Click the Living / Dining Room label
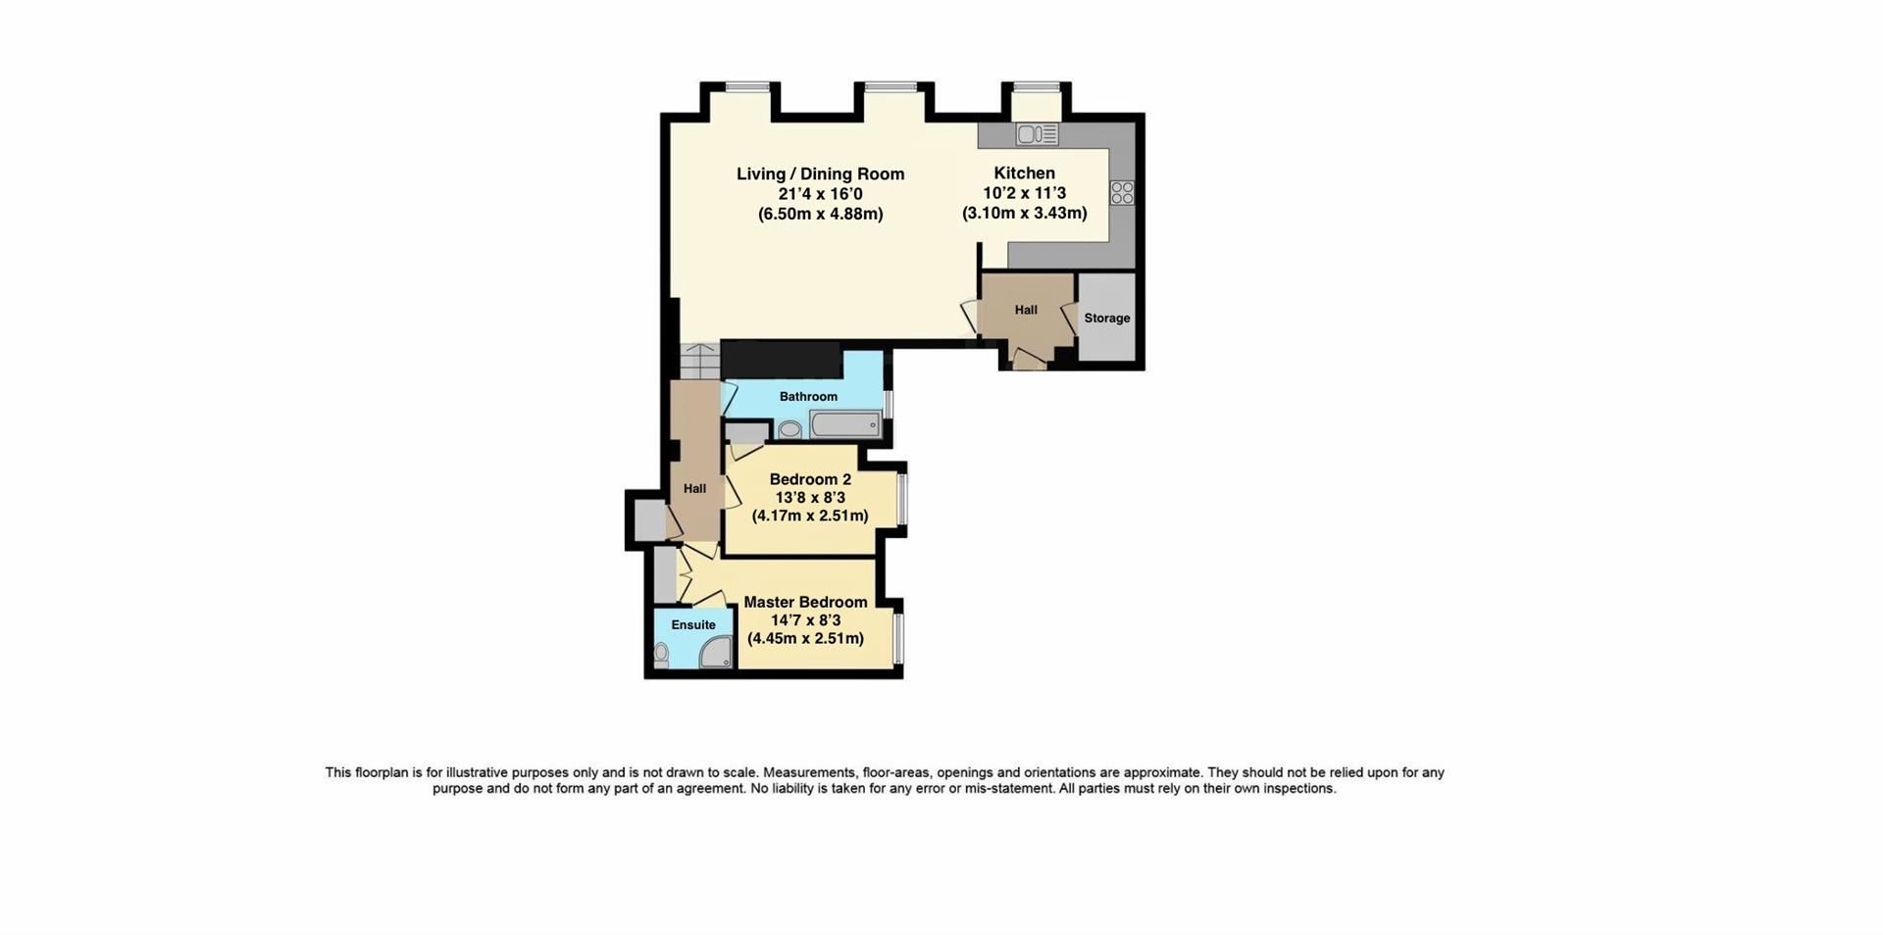(820, 174)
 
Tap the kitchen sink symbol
(1037, 134)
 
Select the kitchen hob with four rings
(1122, 192)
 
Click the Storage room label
(1106, 318)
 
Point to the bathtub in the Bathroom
(844, 425)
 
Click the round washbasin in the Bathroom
(789, 429)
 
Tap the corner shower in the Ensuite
(717, 651)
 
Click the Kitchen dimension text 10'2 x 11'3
(1024, 193)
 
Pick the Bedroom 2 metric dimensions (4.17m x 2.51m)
(810, 516)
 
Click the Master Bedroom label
(805, 602)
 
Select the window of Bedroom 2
(903, 500)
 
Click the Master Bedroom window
(899, 638)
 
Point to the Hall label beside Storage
(1026, 310)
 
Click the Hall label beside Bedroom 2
(694, 488)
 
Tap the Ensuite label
(693, 624)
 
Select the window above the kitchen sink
(1037, 87)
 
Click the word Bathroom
(808, 396)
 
